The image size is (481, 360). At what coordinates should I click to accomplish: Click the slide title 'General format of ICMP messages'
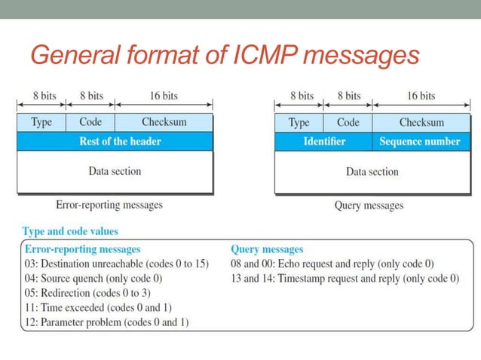[224, 54]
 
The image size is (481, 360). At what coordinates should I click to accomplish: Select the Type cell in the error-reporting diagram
[41, 122]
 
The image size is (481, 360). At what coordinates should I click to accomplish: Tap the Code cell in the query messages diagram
[348, 122]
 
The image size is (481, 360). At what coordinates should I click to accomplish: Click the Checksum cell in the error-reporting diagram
[164, 122]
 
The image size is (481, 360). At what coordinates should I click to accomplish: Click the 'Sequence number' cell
[419, 141]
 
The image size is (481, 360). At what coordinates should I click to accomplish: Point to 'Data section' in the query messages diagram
[372, 172]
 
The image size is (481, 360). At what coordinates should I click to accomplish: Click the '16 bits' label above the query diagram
[421, 96]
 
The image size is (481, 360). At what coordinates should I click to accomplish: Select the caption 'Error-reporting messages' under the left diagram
[109, 204]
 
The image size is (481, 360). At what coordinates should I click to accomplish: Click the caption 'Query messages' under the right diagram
[369, 205]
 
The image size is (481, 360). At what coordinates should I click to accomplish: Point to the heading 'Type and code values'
[70, 231]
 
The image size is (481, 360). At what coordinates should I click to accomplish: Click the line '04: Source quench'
[94, 278]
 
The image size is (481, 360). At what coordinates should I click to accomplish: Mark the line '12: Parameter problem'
[107, 322]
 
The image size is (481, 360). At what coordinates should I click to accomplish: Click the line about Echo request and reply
[333, 264]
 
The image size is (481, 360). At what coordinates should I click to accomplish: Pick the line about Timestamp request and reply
[345, 278]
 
